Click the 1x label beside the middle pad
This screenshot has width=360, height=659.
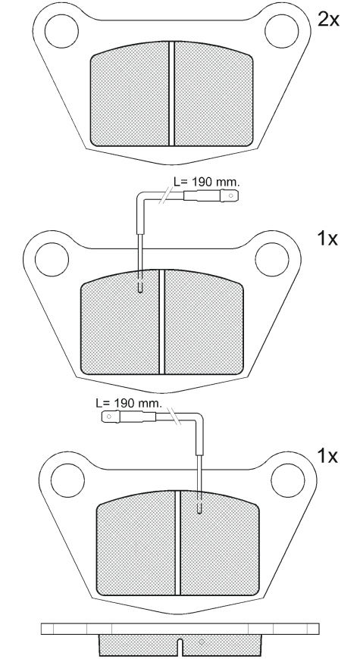pos(327,239)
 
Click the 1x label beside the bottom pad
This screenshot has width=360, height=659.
pos(327,456)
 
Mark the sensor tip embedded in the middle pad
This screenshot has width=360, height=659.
pos(141,287)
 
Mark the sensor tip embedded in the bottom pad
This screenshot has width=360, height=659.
pos(199,508)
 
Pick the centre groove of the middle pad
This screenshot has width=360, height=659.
pos(161,321)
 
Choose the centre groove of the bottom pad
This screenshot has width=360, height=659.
pos(179,542)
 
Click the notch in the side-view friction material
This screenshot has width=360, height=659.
pos(179,647)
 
